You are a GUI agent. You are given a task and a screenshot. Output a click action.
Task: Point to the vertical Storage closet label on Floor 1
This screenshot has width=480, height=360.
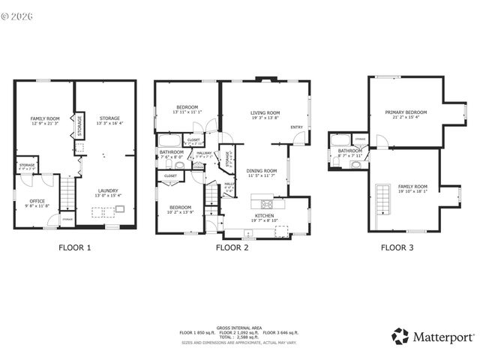click(79, 126)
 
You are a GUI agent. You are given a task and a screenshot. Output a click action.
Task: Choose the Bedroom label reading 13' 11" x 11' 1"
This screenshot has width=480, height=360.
click(185, 109)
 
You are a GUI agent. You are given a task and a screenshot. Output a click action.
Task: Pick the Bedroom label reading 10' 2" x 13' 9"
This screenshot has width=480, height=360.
click(180, 209)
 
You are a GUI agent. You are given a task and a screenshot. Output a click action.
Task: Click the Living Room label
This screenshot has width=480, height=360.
click(265, 115)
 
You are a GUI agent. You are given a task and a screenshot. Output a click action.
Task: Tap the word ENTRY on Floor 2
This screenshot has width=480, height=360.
click(296, 127)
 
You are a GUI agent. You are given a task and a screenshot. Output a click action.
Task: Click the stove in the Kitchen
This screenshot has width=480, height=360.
click(266, 203)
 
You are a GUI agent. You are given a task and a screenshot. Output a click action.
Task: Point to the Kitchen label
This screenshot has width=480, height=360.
click(263, 217)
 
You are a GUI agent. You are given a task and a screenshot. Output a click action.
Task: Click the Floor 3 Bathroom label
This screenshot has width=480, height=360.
click(350, 151)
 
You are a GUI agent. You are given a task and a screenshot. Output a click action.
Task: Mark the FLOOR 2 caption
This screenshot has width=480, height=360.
click(232, 247)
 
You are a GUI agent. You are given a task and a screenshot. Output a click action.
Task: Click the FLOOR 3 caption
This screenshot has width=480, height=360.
click(397, 247)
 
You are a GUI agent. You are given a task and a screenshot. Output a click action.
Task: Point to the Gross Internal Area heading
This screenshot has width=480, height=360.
click(238, 327)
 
